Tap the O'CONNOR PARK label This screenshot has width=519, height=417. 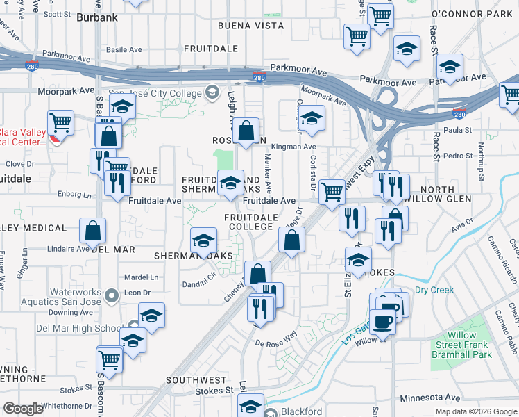(470, 13)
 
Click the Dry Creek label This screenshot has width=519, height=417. (434, 290)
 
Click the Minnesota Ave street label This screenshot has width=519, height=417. (431, 398)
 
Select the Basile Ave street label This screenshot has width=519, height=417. (124, 50)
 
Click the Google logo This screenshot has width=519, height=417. (24, 409)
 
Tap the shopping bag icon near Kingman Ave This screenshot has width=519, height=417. (246, 131)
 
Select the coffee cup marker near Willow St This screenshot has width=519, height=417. (382, 322)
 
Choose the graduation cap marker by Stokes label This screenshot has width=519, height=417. (357, 261)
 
